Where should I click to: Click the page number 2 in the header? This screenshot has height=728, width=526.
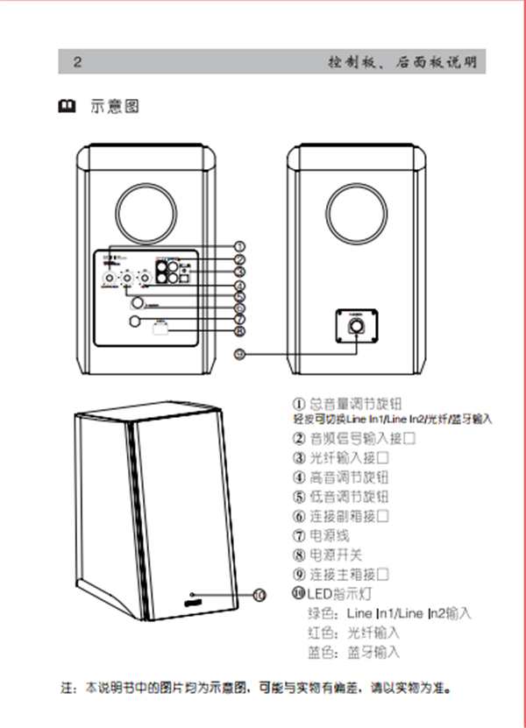(x=78, y=62)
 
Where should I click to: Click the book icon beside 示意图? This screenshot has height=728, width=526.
(x=66, y=107)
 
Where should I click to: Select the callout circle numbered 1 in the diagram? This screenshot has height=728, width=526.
(x=239, y=247)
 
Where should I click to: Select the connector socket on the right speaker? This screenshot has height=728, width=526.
(x=358, y=326)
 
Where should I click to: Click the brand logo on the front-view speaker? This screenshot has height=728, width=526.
(x=194, y=600)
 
